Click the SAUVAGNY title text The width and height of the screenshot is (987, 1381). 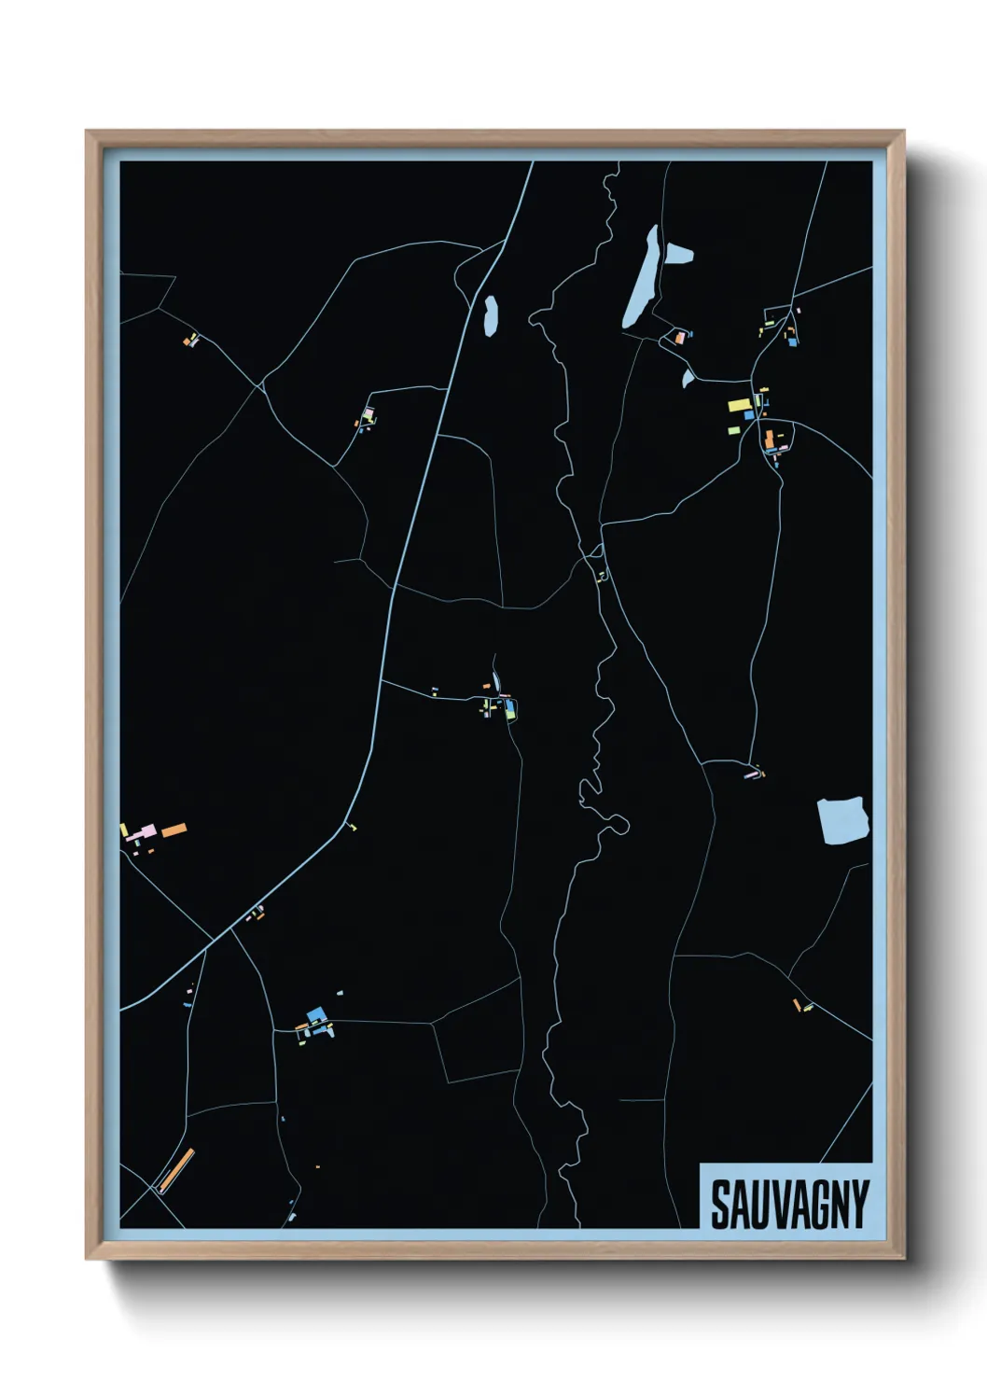pos(789,1205)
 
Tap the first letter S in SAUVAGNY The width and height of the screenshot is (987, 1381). pos(721,1205)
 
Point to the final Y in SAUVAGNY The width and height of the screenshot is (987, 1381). pos(859,1205)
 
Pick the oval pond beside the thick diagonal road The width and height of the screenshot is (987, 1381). pos(490,314)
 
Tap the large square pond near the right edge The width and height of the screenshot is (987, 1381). pos(843,819)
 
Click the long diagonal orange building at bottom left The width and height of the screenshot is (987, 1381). pos(175,1170)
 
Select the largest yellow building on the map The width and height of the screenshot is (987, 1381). pos(740,405)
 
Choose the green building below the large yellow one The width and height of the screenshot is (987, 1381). pos(734,430)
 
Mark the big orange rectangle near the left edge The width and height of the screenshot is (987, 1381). pos(174,830)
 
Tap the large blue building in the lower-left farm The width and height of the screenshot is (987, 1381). pos(315,1014)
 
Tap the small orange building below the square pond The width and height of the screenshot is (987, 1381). pos(797,1005)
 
